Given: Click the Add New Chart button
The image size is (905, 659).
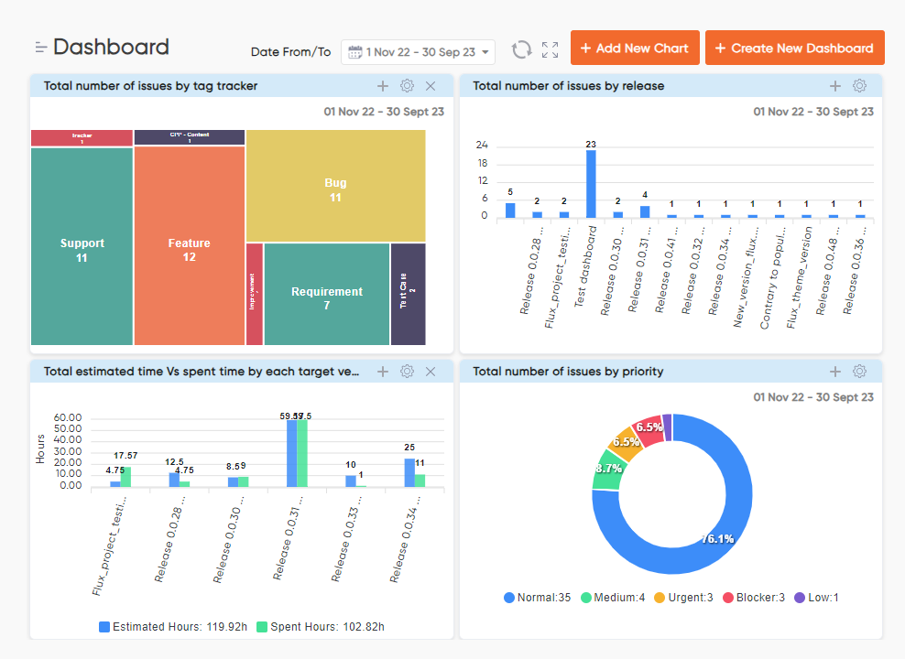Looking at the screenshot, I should point(635,48).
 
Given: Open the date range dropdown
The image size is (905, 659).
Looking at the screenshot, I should point(419,52).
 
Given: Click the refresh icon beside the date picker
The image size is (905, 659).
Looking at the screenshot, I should point(521,49).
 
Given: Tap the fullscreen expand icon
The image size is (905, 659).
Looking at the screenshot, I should point(550,49).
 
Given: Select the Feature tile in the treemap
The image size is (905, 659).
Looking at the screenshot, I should point(189,249).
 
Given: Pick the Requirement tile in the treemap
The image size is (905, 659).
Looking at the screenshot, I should point(327,297).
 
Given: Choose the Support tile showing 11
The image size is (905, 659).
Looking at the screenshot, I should point(82,249).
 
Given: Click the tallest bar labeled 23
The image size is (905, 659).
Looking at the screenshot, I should point(591,183).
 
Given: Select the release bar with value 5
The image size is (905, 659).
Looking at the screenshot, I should point(510,210).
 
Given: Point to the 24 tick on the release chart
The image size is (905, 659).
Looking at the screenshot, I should point(482,145).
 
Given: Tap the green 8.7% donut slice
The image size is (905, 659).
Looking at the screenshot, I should point(607,468).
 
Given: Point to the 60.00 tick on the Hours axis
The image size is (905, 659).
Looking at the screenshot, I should point(69,418).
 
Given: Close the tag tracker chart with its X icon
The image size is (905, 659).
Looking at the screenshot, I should point(431,86).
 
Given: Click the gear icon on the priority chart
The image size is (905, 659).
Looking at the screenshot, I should point(859,371).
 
